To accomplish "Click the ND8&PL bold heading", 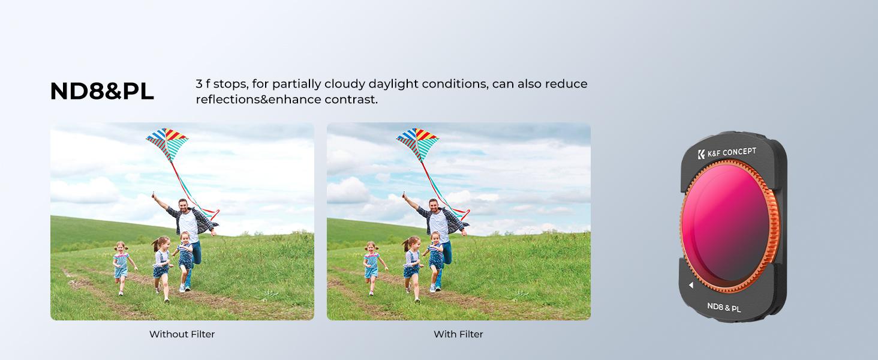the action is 102,91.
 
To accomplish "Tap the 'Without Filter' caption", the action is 182,334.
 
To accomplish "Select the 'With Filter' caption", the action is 458,334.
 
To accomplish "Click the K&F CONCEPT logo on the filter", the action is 727,152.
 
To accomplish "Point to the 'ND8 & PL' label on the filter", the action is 724,307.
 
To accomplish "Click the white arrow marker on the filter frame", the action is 691,285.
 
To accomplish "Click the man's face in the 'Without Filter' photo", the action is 183,205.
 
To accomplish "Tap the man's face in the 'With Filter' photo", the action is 434,205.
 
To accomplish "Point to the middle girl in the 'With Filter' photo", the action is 413,269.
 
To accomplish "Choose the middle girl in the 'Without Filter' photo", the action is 162,269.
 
